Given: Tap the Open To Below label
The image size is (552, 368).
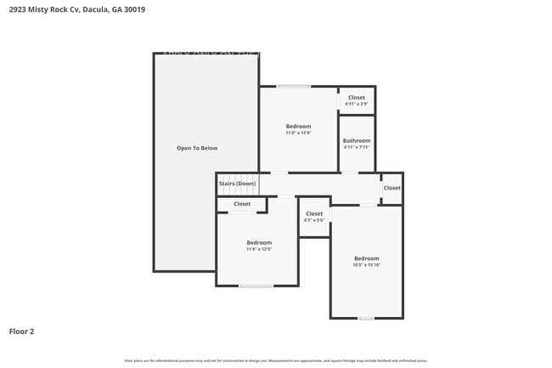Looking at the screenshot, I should point(197,148).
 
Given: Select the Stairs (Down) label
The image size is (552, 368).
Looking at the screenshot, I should point(237,184).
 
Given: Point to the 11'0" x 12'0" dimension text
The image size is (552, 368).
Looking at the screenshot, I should point(298,133).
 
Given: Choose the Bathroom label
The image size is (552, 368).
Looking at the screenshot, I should point(357,140).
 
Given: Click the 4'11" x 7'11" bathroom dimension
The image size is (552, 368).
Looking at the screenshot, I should point(357,147).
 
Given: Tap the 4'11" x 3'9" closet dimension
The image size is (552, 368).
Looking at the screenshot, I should point(357,104).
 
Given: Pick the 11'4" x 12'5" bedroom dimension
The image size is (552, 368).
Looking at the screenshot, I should point(259,249).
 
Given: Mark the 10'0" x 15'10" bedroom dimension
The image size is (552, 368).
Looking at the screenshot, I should point(367,264).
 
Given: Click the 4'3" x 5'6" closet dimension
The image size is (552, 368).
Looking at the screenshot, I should point(314,220).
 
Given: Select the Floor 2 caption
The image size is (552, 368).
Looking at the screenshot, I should point(21,331).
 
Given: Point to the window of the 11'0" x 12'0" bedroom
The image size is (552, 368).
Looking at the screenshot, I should point(293,86).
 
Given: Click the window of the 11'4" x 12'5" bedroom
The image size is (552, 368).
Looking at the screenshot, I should point(255,286).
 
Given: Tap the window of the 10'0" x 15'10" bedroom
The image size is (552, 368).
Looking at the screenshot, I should point(365,318).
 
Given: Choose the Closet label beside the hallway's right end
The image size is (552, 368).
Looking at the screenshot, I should point(391,188).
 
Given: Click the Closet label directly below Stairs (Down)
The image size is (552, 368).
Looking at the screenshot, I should point(242,204).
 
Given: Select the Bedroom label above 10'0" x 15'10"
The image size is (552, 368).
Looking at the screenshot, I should point(367,258).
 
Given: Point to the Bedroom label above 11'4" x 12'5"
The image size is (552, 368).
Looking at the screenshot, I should point(259,242).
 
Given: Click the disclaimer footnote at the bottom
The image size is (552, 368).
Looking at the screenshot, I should point(275,360).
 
